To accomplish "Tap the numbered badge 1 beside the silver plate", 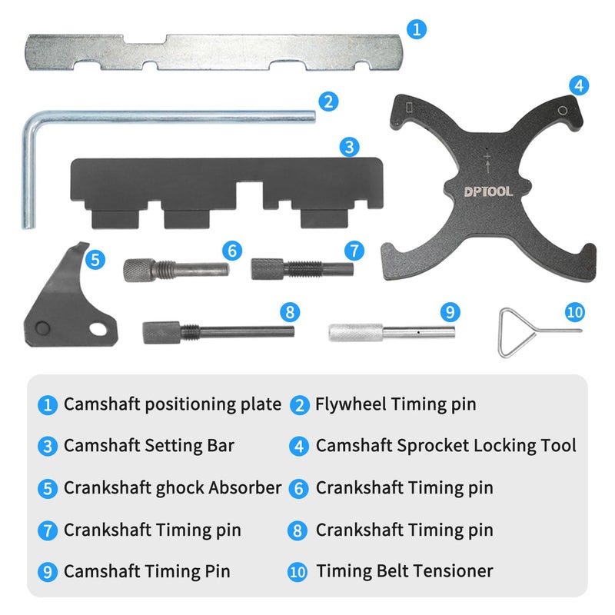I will (416, 30).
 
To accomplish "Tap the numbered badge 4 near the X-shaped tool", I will (579, 85).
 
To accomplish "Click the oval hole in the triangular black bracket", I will (96, 329).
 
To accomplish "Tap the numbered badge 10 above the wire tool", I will (574, 313).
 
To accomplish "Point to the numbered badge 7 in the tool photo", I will (354, 250).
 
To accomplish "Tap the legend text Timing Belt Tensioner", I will (404, 571).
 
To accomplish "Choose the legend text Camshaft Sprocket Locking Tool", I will (446, 445).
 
